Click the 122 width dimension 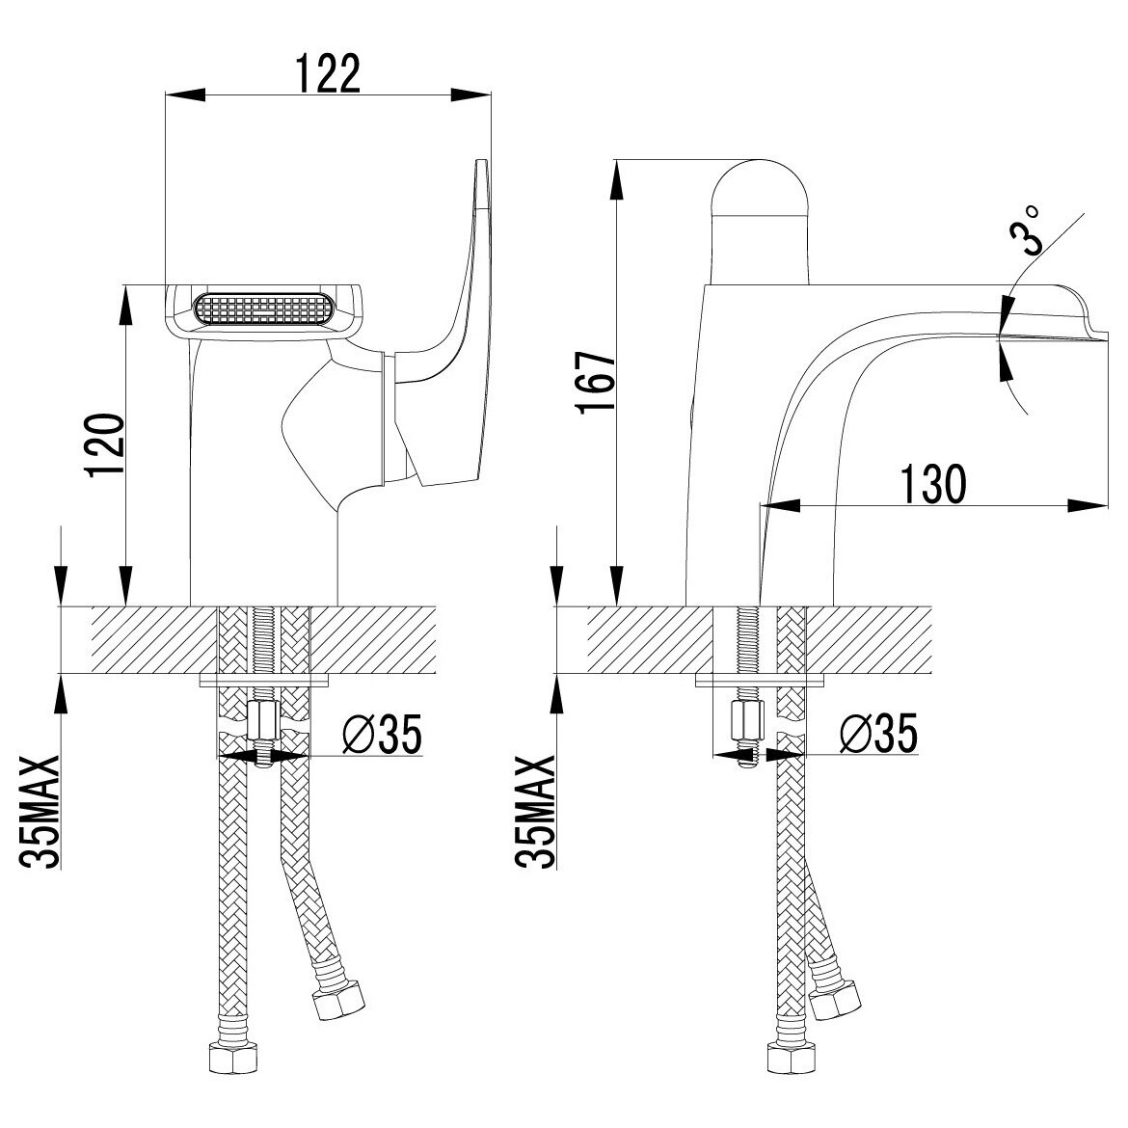coord(328,73)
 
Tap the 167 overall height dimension coord(597,382)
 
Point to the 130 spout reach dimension coord(932,484)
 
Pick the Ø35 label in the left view coord(382,734)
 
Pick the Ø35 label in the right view coord(878,734)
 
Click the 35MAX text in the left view coord(40,812)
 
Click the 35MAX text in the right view coord(536,812)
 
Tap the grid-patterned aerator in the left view coord(263,309)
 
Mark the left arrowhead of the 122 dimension coord(185,94)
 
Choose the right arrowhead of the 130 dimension coord(1088,505)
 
